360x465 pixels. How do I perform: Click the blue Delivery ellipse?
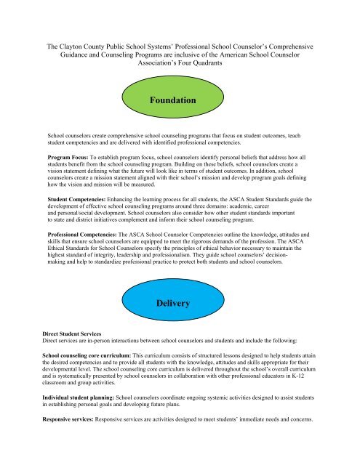pos(180,302)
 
